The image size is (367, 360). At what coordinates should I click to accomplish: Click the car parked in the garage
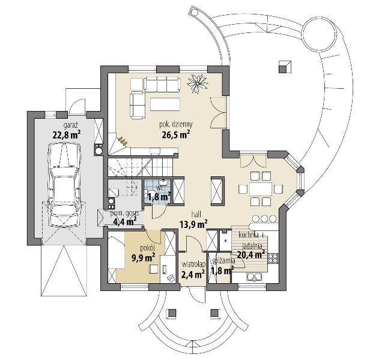coord(64,185)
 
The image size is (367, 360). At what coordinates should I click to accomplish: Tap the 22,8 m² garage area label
coord(67,134)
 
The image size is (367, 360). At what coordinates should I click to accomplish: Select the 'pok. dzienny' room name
coord(176,124)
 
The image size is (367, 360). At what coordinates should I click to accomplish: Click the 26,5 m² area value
coord(175,134)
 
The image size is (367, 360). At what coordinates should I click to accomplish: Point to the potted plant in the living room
coord(198,82)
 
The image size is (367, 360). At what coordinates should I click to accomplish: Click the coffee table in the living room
coord(165,104)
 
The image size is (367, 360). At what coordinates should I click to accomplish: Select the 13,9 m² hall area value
coord(193,224)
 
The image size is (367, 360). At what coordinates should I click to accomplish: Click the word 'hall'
coord(196,214)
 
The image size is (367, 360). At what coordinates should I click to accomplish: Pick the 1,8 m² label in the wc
coord(159,197)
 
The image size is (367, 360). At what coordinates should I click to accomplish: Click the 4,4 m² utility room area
coord(125,221)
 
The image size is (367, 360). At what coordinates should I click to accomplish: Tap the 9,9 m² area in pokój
coord(143,257)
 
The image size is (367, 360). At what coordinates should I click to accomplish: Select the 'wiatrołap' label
coord(194,264)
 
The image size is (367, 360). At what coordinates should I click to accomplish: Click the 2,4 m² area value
coord(193,274)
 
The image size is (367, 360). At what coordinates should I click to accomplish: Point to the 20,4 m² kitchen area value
coord(251,254)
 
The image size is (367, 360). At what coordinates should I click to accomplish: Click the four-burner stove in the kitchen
coord(273,258)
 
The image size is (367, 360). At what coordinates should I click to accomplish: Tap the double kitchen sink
coord(253,277)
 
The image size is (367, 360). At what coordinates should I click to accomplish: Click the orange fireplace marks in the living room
coord(123,140)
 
